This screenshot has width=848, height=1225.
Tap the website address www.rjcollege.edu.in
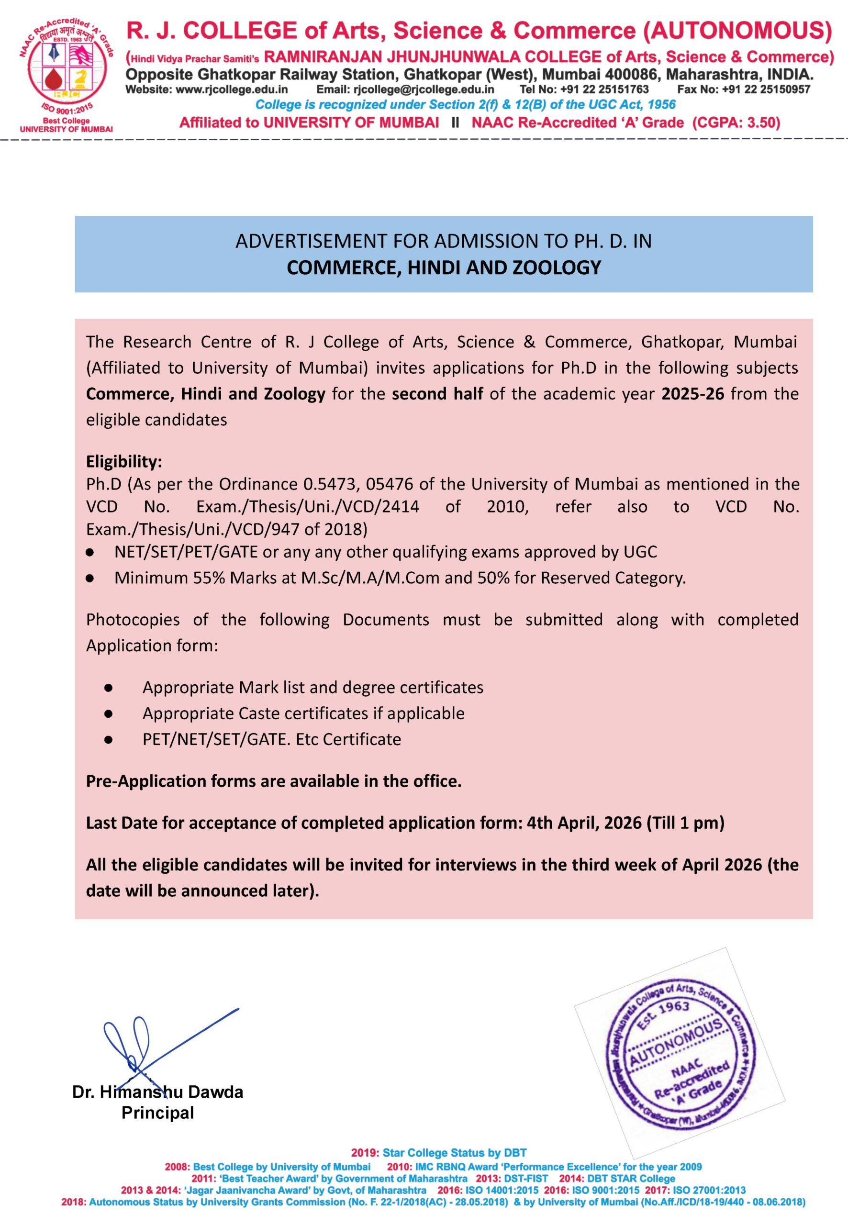click(x=232, y=90)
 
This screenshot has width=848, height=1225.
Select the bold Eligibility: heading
click(x=124, y=461)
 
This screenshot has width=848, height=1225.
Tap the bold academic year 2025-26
click(x=692, y=394)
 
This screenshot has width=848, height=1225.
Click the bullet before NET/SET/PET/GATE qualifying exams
click(x=90, y=553)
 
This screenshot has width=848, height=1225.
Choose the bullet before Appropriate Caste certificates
click(x=108, y=713)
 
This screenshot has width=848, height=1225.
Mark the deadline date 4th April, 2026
click(x=584, y=823)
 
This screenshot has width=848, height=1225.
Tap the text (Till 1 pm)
click(x=685, y=823)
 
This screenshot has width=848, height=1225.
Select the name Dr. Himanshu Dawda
click(x=157, y=1092)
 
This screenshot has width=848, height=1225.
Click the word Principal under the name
click(x=157, y=1113)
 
